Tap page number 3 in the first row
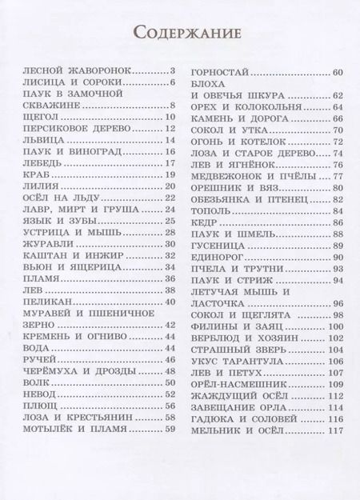click(171, 71)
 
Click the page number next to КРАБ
click(170, 174)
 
